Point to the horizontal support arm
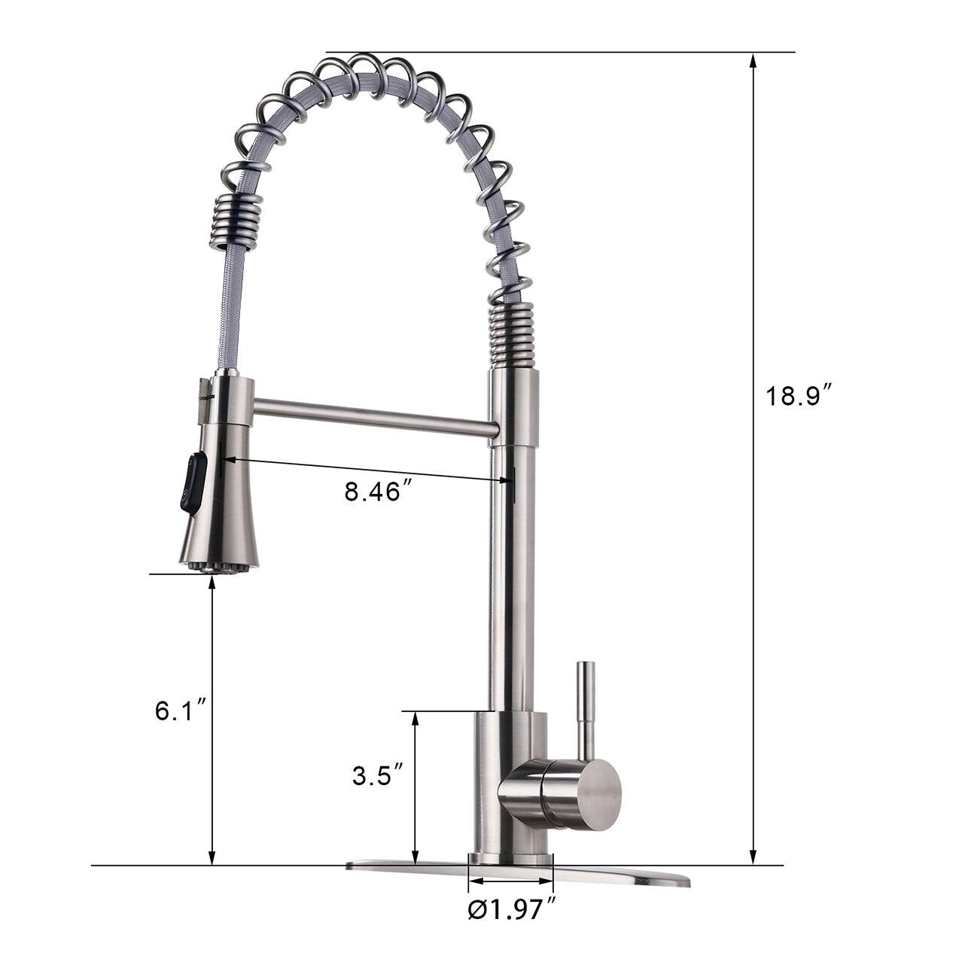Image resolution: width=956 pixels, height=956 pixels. coord(373,418)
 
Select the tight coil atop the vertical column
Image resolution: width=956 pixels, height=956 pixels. coord(515,336)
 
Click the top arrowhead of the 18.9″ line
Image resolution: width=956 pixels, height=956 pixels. coord(752,60)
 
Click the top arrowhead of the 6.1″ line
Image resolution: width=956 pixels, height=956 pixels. coord(212,584)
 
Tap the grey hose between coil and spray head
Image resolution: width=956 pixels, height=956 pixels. coord(227,316)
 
